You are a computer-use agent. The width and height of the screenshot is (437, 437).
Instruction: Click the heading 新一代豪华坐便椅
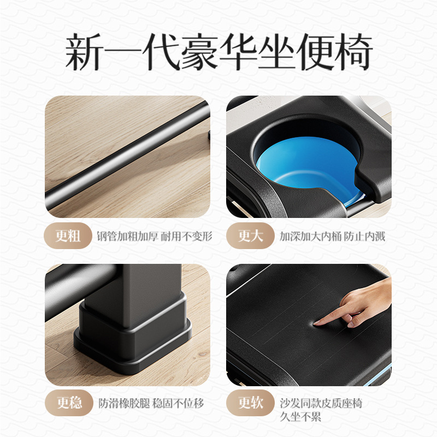tap(218, 53)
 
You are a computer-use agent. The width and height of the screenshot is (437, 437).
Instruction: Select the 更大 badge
tap(250, 236)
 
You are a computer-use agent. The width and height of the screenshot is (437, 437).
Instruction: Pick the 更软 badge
tap(250, 403)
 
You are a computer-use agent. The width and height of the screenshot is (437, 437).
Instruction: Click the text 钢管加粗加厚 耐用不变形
tap(155, 237)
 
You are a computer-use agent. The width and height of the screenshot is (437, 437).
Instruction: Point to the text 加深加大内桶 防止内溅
tap(332, 237)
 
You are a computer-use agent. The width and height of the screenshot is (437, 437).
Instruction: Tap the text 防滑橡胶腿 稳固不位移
tap(151, 404)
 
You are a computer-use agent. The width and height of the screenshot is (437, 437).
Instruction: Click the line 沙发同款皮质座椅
tap(321, 404)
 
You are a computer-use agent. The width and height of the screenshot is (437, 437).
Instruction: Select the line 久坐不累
tap(300, 417)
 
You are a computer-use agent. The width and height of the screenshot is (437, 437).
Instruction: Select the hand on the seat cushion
tap(361, 303)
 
